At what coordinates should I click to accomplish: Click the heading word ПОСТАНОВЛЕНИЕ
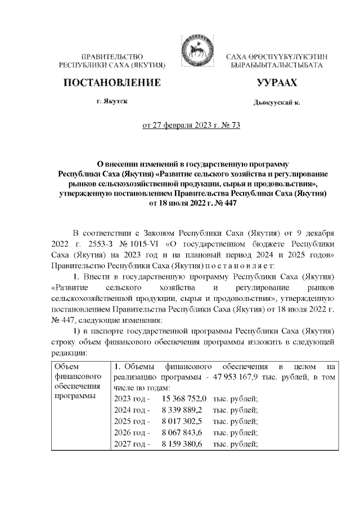pyautogui.click(x=112, y=83)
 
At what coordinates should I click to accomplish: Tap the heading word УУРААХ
pyautogui.click(x=276, y=83)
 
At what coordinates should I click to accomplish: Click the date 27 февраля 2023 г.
pyautogui.click(x=179, y=125)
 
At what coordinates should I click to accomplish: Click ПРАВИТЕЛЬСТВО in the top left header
pyautogui.click(x=112, y=57)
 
